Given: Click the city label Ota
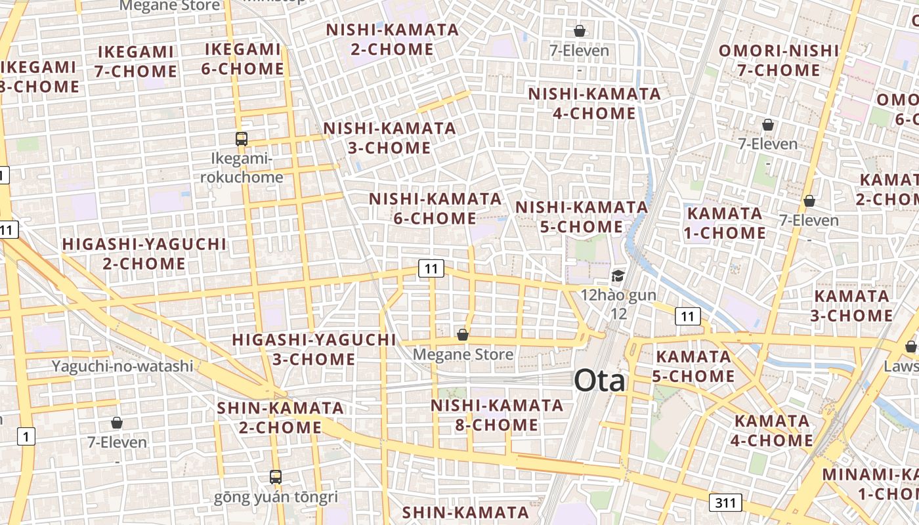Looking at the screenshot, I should [599, 381].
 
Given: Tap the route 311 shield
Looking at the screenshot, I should [725, 503].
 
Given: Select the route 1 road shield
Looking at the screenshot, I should [26, 436].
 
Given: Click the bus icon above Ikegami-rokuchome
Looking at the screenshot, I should [242, 138].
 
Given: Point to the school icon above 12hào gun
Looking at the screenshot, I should [618, 276].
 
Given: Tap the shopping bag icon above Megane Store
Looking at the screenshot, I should [463, 335].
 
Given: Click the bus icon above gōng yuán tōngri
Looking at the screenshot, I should [276, 476].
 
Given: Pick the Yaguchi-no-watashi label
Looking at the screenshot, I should [123, 366].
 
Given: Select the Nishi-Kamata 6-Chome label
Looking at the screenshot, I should [435, 208].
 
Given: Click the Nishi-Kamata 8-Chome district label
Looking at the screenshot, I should [497, 415].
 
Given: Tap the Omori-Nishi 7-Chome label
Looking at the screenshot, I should [779, 60].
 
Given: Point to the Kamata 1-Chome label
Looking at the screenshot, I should [726, 223].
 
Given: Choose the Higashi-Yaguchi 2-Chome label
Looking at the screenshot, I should [144, 254].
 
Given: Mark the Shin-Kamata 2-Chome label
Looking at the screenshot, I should [280, 417].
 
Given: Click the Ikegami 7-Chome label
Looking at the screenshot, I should [136, 62].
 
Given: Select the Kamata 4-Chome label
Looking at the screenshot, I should [772, 430].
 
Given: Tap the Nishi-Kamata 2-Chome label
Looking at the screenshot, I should [392, 39].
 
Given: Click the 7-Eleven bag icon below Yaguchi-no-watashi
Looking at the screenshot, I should [117, 423].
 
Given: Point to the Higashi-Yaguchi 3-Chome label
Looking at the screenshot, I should [314, 349].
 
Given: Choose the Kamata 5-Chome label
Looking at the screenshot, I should [693, 366].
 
